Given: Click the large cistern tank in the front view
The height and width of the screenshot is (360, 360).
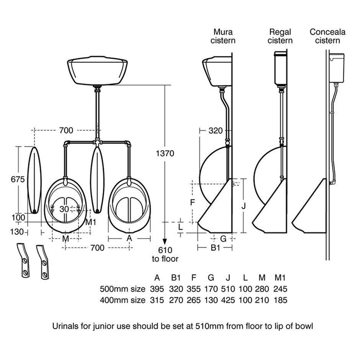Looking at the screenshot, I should click(x=96, y=74).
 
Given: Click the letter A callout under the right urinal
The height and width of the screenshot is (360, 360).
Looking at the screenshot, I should click(x=129, y=238).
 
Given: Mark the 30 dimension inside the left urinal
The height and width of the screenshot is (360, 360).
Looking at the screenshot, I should click(x=64, y=209).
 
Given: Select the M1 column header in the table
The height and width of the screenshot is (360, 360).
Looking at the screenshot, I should click(x=280, y=277).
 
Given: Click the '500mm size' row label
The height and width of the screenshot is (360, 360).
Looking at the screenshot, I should click(x=122, y=289).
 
